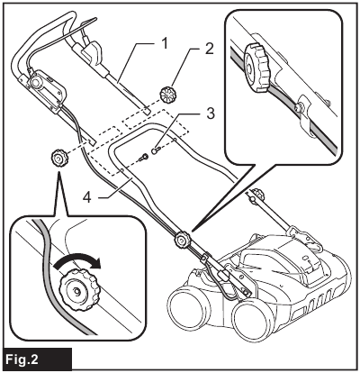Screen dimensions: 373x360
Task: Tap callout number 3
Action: (209, 114)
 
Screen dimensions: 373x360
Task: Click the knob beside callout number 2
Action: (167, 94)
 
